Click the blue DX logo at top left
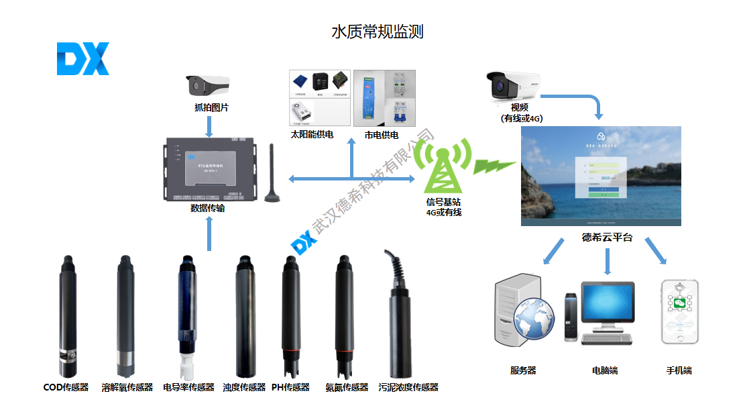tap(82, 59)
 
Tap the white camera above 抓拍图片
tap(208, 85)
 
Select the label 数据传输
tap(208, 209)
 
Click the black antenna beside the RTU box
tap(272, 174)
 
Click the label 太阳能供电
tap(312, 135)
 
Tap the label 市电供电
tap(382, 135)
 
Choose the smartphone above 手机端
tap(679, 313)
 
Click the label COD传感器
tap(66, 387)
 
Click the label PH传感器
tap(290, 387)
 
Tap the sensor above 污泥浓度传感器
tap(397, 315)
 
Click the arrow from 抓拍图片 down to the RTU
tap(209, 125)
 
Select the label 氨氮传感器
tap(347, 387)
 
